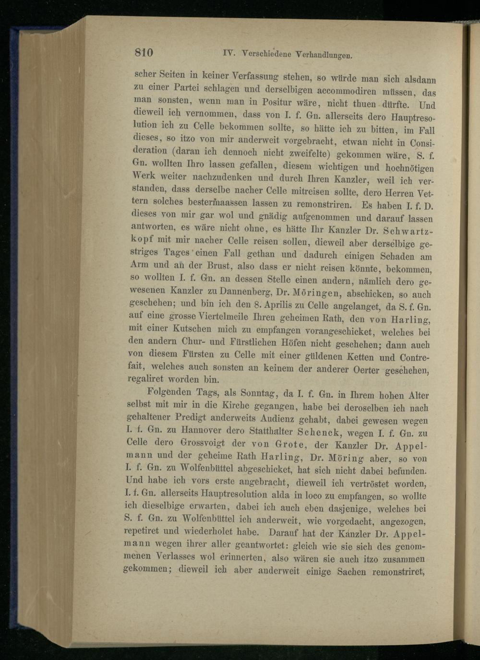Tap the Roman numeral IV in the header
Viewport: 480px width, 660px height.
point(228,52)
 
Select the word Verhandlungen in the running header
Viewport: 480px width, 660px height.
point(325,55)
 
